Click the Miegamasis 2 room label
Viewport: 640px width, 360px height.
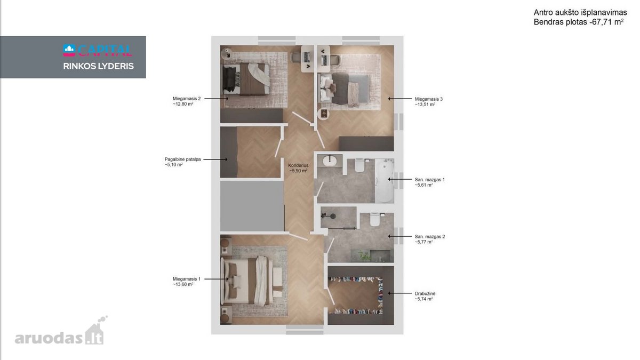[x=187, y=99]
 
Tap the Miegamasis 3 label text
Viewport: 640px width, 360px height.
[x=429, y=99]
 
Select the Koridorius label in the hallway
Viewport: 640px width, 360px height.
[x=298, y=165]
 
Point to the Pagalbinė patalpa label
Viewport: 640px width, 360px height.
[x=182, y=159]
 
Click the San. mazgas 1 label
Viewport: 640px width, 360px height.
[x=430, y=180]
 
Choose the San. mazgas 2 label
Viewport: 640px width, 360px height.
[x=430, y=237]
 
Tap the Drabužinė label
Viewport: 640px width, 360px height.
[x=425, y=293]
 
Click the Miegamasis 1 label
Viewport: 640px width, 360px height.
[x=187, y=279]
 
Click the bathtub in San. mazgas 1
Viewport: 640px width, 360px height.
[x=385, y=181]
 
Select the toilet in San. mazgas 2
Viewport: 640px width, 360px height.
[x=374, y=219]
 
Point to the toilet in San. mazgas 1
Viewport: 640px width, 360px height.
[x=359, y=165]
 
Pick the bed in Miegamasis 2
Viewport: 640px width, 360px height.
[x=246, y=78]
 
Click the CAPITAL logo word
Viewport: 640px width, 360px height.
[x=105, y=51]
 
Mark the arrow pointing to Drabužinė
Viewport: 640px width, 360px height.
[x=400, y=293]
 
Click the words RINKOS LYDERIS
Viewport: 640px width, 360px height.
[x=99, y=66]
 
